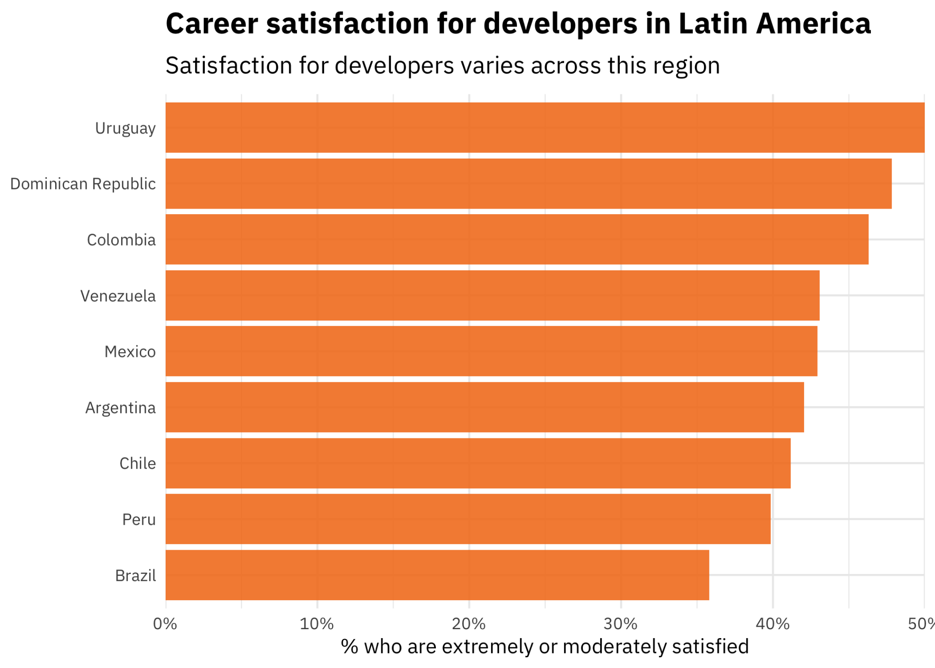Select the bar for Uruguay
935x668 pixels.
(x=545, y=127)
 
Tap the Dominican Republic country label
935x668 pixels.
(x=83, y=184)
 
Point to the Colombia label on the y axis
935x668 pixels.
(x=121, y=240)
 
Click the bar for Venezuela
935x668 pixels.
(x=492, y=296)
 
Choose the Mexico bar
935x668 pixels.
(x=491, y=351)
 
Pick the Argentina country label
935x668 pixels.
(x=120, y=408)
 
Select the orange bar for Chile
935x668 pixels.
(x=478, y=463)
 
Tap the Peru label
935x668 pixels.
(x=138, y=520)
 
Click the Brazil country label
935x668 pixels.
(x=135, y=576)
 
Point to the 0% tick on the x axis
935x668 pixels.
(x=165, y=624)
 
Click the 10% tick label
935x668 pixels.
(x=317, y=624)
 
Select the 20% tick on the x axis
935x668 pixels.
(x=469, y=624)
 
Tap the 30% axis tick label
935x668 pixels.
(x=621, y=624)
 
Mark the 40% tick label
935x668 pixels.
(x=772, y=624)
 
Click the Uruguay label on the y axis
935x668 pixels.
(x=125, y=128)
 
